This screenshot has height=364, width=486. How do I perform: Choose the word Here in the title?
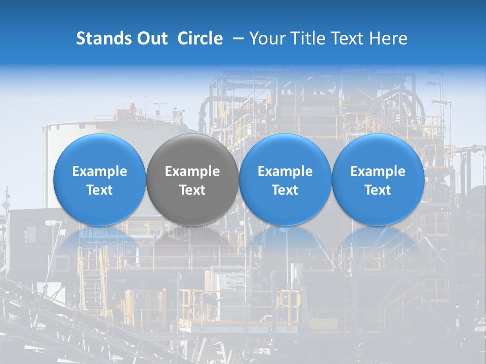(x=389, y=38)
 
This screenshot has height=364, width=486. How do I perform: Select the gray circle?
(x=192, y=179)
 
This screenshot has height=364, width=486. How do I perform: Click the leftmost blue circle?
(x=100, y=179)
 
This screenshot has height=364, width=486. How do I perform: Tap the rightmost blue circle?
(x=378, y=179)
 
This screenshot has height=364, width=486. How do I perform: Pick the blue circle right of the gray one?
(x=285, y=179)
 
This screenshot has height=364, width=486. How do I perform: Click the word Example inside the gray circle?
(x=192, y=171)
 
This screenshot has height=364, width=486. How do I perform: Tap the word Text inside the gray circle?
(x=192, y=190)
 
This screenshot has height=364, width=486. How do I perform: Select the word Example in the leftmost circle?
(x=100, y=171)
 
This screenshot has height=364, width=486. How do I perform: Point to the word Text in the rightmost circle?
(x=378, y=190)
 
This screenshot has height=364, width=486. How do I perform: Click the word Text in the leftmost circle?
(x=100, y=190)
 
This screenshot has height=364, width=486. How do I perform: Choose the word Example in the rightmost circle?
(x=378, y=171)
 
